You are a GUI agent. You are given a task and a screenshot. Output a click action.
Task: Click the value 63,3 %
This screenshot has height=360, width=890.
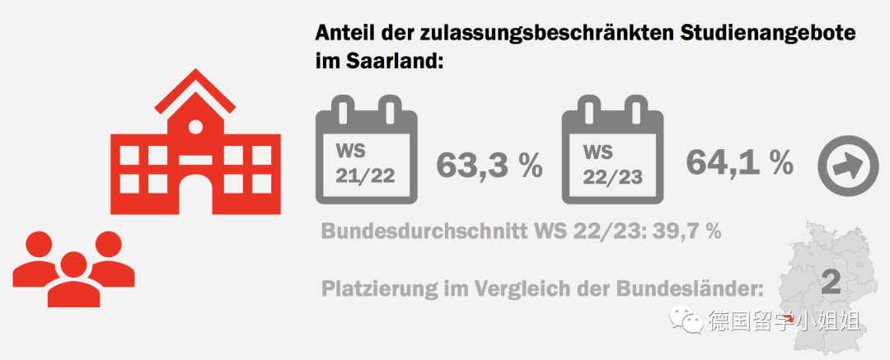[489, 165]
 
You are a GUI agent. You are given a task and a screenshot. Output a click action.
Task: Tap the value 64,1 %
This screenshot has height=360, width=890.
[740, 162]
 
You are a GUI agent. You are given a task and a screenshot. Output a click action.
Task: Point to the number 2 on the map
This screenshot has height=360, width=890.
[831, 283]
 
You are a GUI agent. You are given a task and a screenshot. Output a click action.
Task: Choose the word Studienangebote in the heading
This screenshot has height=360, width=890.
[768, 34]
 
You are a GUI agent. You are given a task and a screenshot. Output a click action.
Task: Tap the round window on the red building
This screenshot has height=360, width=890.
[195, 128]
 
